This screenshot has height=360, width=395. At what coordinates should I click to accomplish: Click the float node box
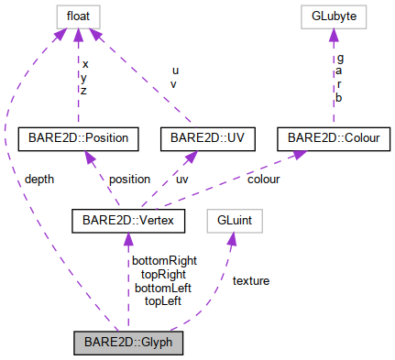[x=76, y=16]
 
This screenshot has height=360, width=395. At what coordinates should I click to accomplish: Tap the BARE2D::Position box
[x=78, y=139]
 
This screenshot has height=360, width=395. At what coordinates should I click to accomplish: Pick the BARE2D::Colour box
[x=334, y=139]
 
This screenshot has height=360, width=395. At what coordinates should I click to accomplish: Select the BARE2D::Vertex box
[x=126, y=220]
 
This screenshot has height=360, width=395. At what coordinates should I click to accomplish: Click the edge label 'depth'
[x=41, y=180]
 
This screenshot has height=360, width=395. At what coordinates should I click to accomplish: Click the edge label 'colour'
[x=263, y=180]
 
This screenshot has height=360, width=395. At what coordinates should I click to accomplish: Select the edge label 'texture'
[x=251, y=280]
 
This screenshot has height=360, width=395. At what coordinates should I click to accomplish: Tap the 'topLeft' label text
[x=163, y=300]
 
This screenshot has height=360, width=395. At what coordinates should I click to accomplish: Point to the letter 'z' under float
[x=85, y=91]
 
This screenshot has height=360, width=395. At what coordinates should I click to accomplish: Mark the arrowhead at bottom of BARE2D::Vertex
[x=127, y=238]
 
